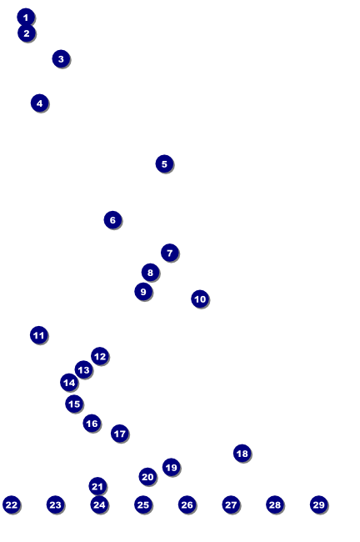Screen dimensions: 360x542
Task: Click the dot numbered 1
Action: pos(26,17)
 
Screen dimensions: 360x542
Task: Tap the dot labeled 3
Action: pos(61,58)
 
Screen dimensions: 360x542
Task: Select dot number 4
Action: pos(39,103)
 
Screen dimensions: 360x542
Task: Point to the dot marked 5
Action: pos(164,163)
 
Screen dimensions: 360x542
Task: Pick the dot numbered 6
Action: pos(112,220)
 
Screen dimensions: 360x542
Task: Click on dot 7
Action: pos(170,253)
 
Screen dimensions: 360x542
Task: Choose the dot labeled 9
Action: pos(143,292)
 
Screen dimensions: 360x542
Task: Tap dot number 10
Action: pos(200,299)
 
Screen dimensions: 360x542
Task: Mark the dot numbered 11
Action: pos(39,335)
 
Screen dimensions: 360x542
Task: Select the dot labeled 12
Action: pos(100,356)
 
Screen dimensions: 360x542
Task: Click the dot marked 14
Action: pos(69,383)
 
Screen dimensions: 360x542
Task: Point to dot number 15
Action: pos(74,404)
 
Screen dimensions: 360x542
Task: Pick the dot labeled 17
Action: pos(120,434)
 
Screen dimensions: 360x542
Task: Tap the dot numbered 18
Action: pos(242,453)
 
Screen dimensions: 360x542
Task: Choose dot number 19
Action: pos(172,467)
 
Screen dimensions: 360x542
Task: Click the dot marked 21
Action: pos(97,487)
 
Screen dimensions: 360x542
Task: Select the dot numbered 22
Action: pos(12,505)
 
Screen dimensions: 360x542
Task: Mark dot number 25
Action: pos(143,505)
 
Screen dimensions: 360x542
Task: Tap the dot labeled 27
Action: pos(231,505)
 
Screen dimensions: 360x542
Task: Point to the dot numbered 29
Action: pos(319,505)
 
